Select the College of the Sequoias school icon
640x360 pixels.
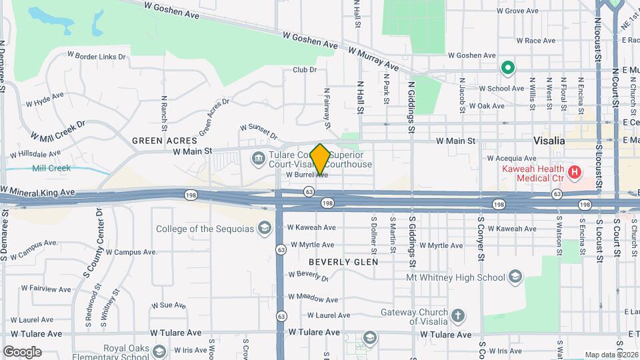pos(265,229)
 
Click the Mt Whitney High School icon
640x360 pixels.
pos(515,277)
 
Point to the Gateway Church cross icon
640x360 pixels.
pos(457,315)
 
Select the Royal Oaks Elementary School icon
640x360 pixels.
pos(159,351)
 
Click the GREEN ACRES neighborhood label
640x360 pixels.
pos(165,141)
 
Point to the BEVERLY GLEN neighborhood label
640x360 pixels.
pos(343,262)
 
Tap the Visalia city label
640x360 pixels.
pos(549,141)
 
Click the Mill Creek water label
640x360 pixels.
pos(51,169)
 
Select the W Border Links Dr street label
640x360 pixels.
pos(96,57)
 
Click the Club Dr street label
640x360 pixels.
pos(304,69)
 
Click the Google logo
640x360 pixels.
pos(22,351)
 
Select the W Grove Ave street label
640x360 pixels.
pos(517,11)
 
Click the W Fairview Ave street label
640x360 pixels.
pos(46,289)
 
